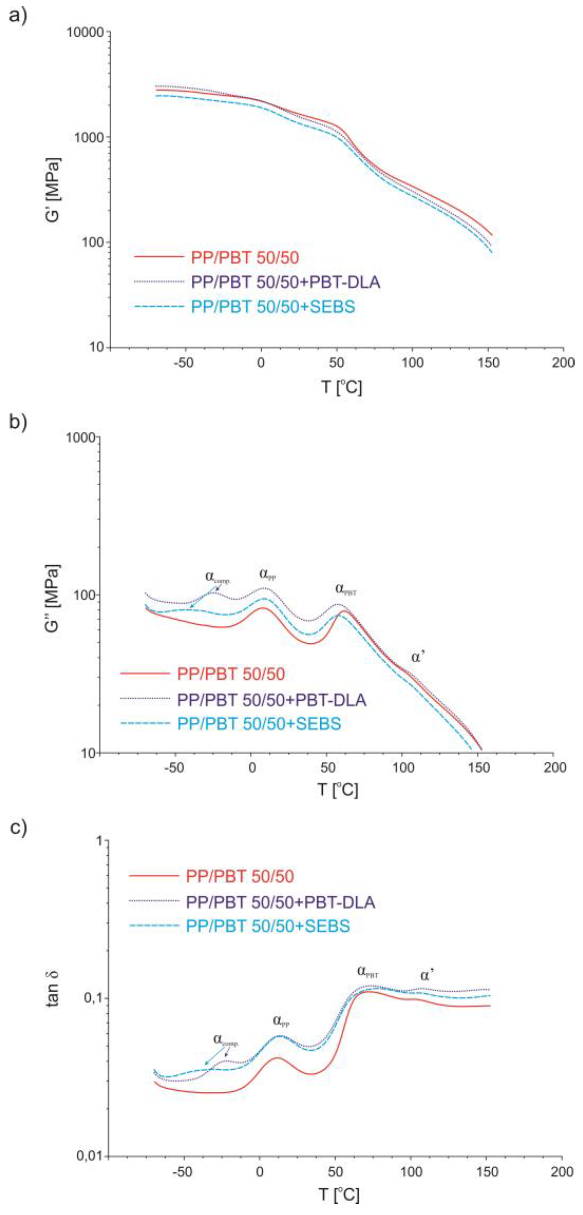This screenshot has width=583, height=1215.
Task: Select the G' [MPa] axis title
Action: click(53, 190)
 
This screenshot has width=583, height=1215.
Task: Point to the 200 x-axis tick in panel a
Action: click(563, 363)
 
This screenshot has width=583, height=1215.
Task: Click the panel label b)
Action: click(18, 421)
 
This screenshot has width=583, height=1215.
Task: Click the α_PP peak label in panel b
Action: click(267, 574)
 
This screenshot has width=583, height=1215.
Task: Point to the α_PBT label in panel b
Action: click(346, 589)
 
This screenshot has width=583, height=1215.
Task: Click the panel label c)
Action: click(18, 828)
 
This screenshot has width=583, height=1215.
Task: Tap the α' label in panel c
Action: click(427, 975)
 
